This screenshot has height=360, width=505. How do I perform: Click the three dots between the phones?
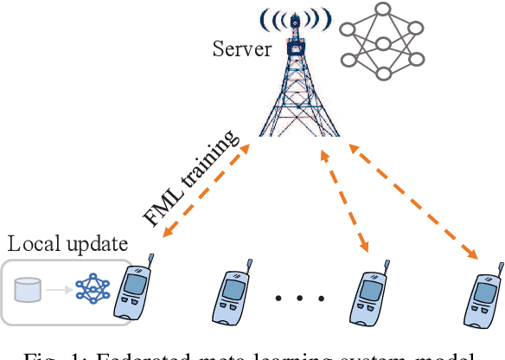tap(296, 300)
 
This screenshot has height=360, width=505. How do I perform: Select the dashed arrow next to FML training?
tap(208, 191)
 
